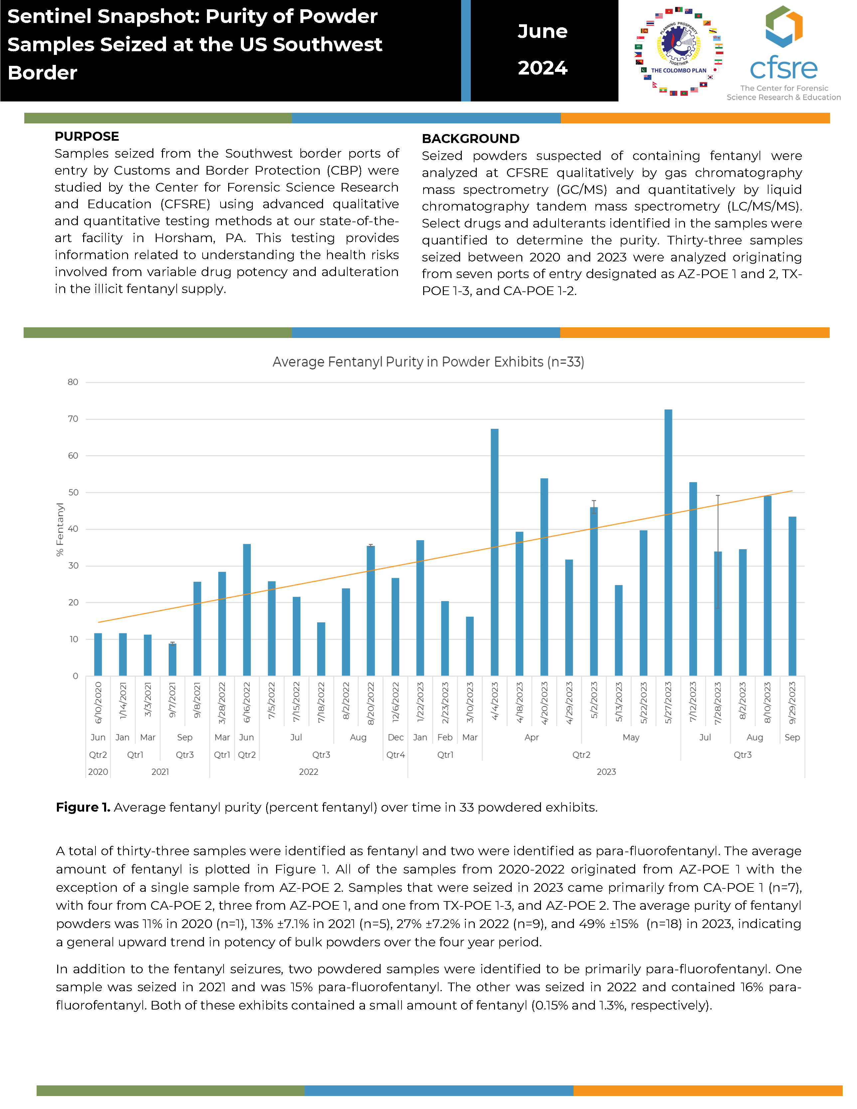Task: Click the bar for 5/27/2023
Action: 668,542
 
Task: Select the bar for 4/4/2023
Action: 494,553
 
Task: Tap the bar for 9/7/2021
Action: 172,660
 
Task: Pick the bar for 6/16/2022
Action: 247,610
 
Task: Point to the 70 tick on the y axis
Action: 73,419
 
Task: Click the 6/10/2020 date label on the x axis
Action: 98,703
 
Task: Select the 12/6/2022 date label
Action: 396,703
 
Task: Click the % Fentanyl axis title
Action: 60,529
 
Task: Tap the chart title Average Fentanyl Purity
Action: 428,362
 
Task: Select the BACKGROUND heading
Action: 470,139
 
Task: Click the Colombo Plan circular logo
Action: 679,51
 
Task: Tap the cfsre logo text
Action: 783,68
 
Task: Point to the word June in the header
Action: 543,32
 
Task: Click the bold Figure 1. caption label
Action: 83,807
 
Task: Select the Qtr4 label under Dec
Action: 396,754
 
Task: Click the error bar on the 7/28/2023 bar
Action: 718,552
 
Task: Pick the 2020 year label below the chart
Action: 98,772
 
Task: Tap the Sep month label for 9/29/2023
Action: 792,737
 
